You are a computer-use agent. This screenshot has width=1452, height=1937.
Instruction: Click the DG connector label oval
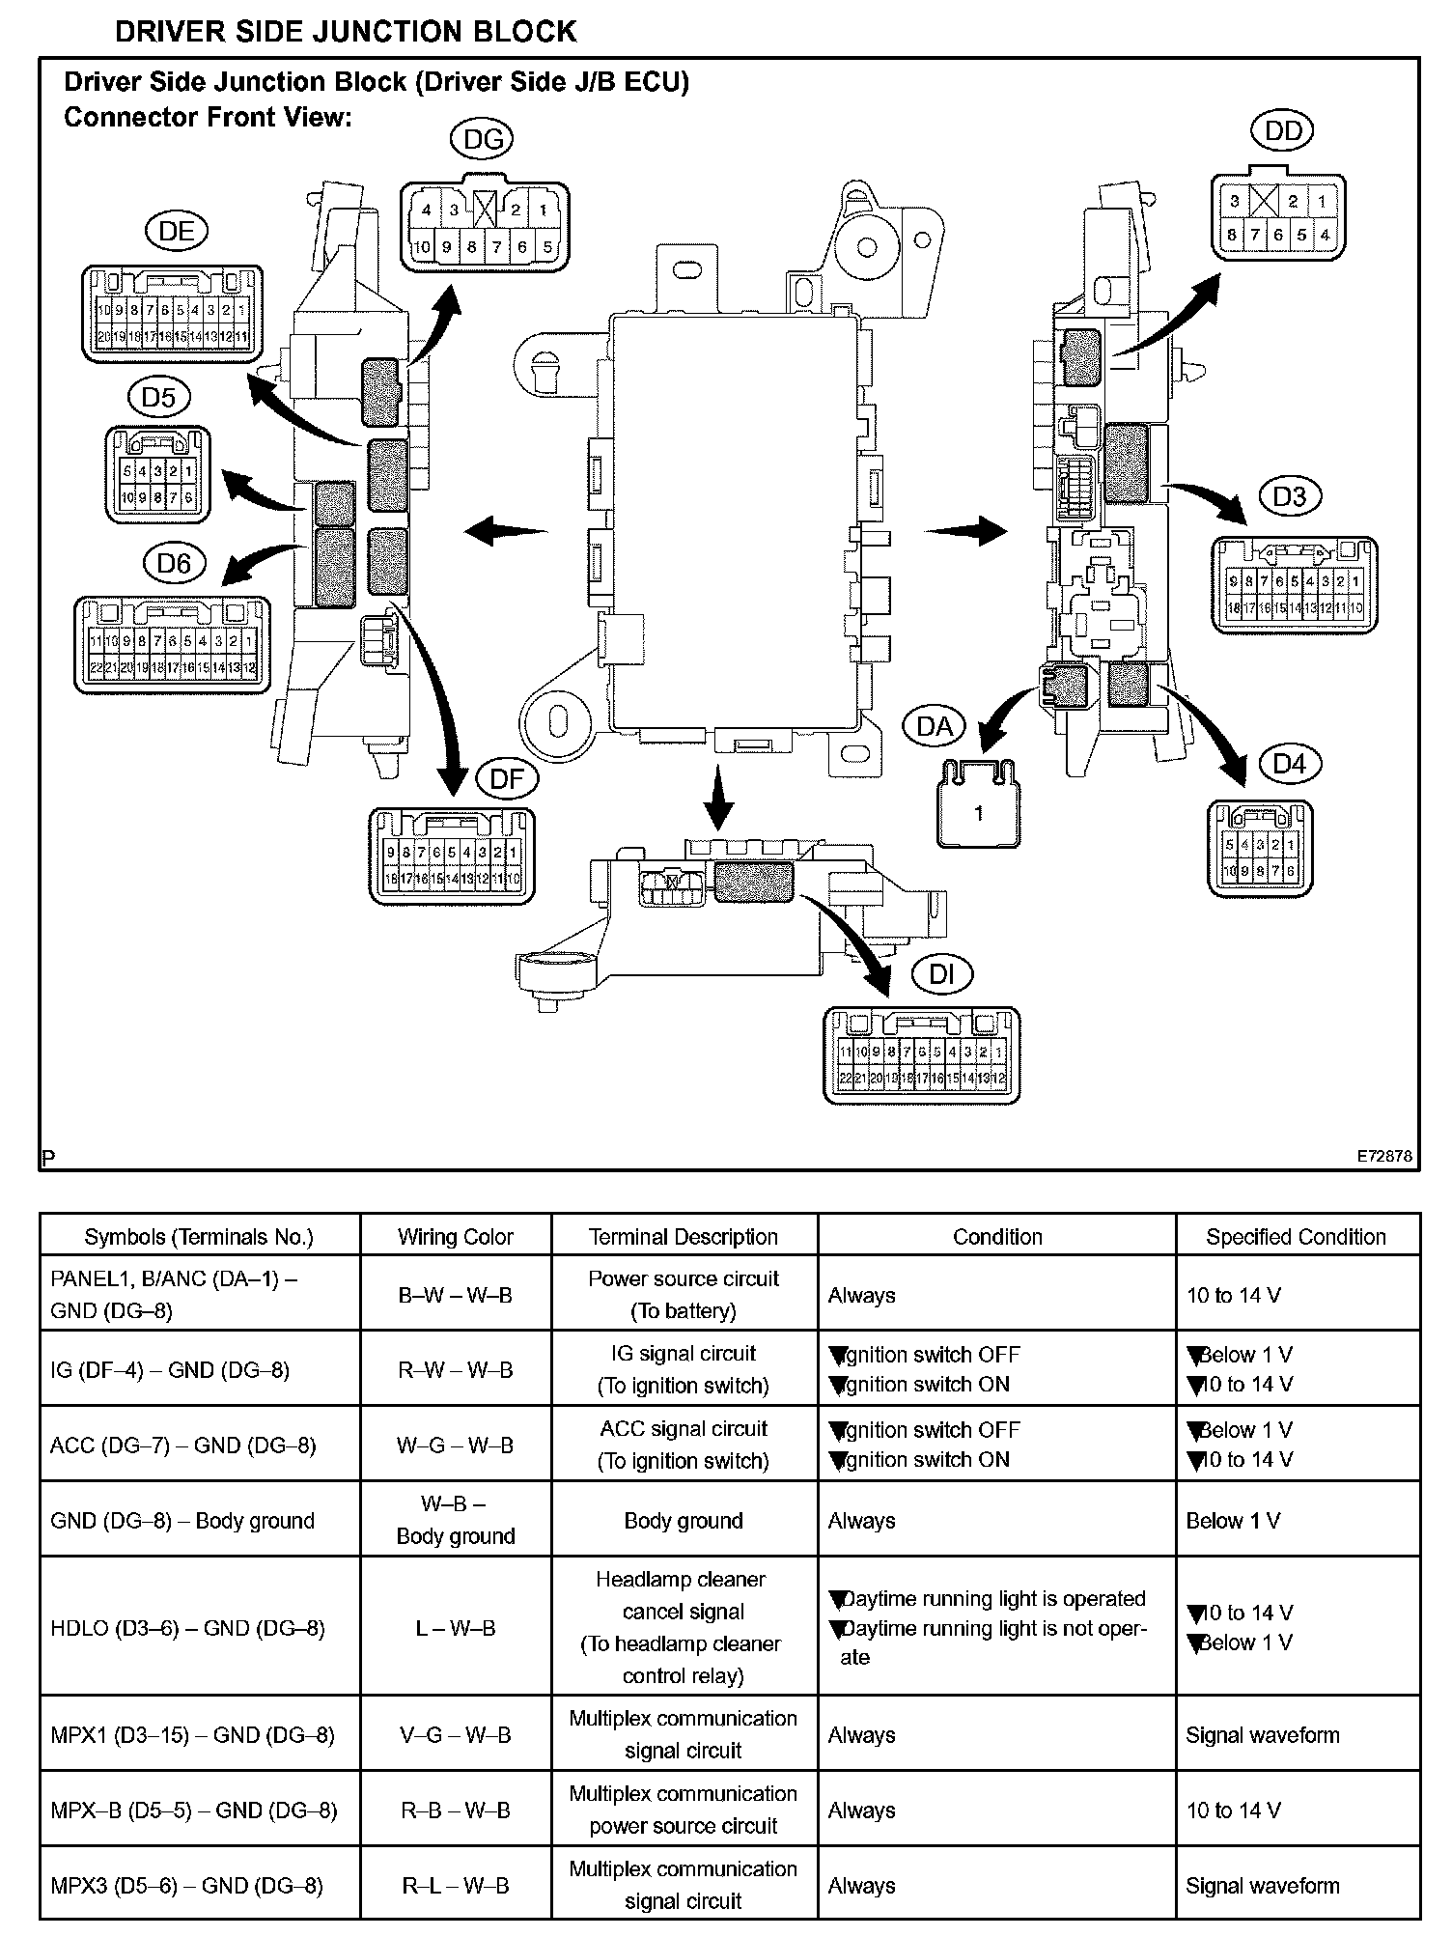pyautogui.click(x=482, y=140)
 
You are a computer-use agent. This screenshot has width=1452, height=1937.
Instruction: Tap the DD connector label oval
pyautogui.click(x=1282, y=131)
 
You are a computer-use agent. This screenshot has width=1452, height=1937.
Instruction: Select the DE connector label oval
pyautogui.click(x=177, y=232)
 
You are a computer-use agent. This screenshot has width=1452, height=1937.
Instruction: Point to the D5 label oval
pyautogui.click(x=159, y=398)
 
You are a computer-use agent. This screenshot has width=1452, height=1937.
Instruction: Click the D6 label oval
pyautogui.click(x=175, y=563)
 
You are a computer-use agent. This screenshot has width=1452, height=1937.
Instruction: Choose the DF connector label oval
pyautogui.click(x=507, y=779)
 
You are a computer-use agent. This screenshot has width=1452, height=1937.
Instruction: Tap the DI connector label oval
pyautogui.click(x=941, y=975)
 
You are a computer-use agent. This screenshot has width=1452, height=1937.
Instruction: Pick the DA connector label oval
pyautogui.click(x=934, y=726)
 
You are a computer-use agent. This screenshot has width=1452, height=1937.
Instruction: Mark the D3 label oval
pyautogui.click(x=1289, y=496)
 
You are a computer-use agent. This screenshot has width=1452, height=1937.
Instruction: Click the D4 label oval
pyautogui.click(x=1289, y=764)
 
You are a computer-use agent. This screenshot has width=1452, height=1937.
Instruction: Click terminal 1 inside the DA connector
pyautogui.click(x=978, y=814)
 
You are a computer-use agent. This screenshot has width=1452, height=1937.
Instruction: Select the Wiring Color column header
pyautogui.click(x=455, y=1237)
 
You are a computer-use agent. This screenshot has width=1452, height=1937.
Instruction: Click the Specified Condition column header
pyautogui.click(x=1296, y=1237)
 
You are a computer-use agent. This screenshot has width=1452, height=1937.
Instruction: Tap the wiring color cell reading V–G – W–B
pyautogui.click(x=455, y=1735)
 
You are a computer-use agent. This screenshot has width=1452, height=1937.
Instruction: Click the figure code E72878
pyautogui.click(x=1383, y=1156)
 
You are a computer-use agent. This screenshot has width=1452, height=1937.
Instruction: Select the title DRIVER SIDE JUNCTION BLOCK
pyautogui.click(x=346, y=32)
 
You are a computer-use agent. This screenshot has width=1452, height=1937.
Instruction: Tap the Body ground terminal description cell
pyautogui.click(x=684, y=1521)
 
